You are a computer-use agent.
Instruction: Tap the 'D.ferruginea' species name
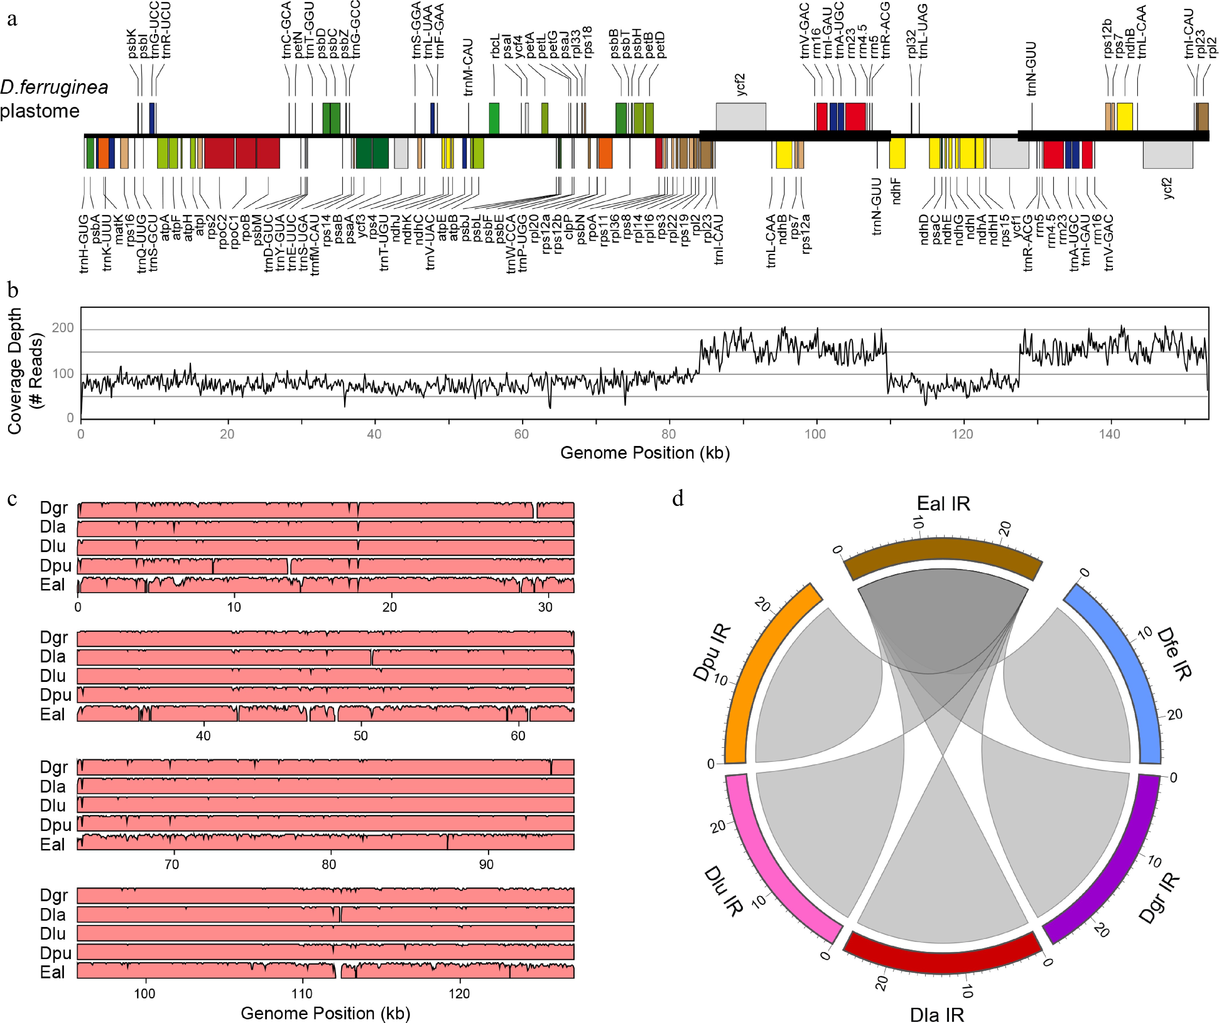[x=54, y=87]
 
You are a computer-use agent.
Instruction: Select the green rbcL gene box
[x=494, y=118]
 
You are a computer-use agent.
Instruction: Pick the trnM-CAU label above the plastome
[x=468, y=67]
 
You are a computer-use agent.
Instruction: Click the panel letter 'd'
[x=678, y=498]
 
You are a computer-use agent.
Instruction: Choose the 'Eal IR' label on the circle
[x=943, y=504]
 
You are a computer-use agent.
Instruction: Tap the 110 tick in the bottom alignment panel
[x=302, y=993]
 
